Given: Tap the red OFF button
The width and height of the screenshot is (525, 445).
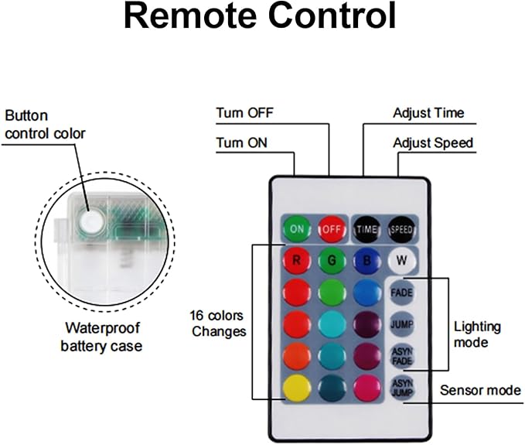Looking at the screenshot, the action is [x=332, y=229].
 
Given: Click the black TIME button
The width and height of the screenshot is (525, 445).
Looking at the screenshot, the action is [x=367, y=229].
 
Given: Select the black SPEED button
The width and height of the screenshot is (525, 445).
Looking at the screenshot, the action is [x=402, y=229].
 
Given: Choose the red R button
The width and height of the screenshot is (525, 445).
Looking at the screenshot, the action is [x=297, y=260].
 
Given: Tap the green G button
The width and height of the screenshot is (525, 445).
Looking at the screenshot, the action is [x=332, y=260].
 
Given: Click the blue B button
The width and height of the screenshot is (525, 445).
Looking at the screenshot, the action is [x=367, y=260].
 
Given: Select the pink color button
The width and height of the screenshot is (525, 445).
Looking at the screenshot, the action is [x=367, y=388].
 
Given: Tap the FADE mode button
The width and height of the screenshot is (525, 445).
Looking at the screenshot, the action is [x=402, y=293].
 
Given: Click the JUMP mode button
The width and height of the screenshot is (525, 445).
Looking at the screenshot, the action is [x=402, y=324].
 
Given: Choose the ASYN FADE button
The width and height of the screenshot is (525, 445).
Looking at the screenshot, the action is [x=402, y=356].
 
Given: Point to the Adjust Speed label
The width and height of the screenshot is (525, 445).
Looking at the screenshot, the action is [x=433, y=142].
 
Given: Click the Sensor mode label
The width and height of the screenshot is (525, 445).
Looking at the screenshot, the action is [x=480, y=390].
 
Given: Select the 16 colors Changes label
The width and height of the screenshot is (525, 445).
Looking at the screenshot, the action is [x=218, y=323].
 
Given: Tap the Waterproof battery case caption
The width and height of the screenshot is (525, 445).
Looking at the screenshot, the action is [x=101, y=337].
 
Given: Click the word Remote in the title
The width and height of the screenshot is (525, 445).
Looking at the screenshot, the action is [x=190, y=16].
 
